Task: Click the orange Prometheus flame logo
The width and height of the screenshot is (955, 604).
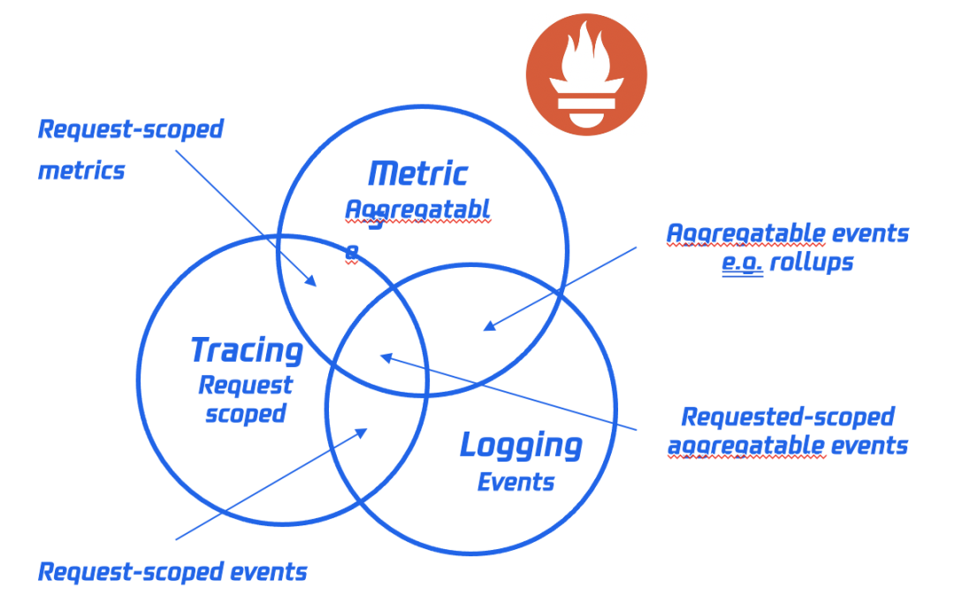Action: [x=586, y=74]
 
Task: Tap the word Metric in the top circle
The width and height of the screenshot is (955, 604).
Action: [x=417, y=173]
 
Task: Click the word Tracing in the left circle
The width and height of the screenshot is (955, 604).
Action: [x=247, y=350]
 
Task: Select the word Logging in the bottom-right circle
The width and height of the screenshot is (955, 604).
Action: [x=521, y=446]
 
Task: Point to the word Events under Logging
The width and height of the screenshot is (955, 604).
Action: [x=516, y=482]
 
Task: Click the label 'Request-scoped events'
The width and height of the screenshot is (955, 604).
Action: [x=172, y=571]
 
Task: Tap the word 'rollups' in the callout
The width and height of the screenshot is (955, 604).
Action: [x=811, y=263]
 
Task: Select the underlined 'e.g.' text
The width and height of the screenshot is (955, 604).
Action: [x=741, y=263]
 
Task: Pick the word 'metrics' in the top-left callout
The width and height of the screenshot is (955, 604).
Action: [x=81, y=170]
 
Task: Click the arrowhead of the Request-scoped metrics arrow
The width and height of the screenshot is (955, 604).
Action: [x=312, y=282]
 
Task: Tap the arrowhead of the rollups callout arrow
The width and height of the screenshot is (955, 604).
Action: [x=487, y=327]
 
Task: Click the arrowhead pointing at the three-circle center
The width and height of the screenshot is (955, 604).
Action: [x=384, y=356]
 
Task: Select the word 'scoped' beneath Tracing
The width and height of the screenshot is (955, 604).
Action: [x=245, y=413]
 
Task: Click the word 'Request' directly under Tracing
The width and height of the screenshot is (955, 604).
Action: [x=245, y=386]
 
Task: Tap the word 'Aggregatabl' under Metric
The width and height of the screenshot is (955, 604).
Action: [x=416, y=210]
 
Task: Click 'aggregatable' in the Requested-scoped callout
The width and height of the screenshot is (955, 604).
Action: [x=745, y=445]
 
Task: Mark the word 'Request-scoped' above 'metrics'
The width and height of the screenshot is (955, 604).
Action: [x=130, y=129]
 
